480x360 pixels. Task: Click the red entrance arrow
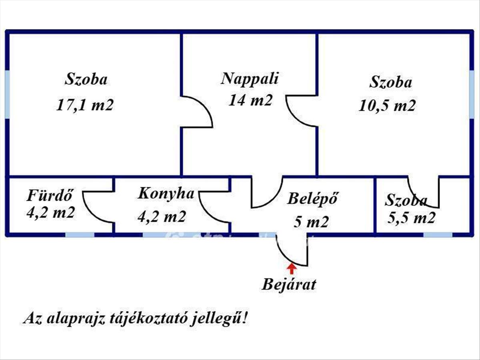292,269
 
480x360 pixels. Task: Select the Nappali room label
250,79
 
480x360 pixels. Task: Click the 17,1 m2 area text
85,105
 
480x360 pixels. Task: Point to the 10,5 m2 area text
387,106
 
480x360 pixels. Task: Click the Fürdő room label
50,195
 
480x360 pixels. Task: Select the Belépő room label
312,199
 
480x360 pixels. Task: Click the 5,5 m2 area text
411,218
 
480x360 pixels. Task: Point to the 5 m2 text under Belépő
311,222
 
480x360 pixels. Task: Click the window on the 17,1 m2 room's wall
8,94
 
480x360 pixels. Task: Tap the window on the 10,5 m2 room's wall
472,94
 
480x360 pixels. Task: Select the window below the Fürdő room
80,235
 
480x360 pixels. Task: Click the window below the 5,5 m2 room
438,235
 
